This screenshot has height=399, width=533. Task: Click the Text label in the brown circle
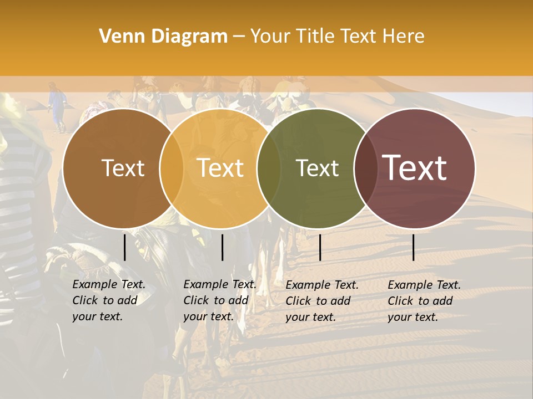[123, 168]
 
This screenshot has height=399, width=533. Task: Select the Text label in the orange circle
[220, 168]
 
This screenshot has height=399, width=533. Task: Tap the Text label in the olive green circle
[317, 168]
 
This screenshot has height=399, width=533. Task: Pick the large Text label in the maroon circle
[415, 168]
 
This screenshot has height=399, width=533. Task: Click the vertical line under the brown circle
[124, 247]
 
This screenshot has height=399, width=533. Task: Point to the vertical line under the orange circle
[222, 247]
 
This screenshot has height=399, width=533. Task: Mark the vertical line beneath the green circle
[320, 247]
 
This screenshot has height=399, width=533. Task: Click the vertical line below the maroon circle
[413, 247]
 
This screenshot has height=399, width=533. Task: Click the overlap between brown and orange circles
[172, 168]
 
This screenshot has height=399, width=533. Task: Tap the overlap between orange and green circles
[269, 168]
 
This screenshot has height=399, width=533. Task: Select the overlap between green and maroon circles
[365, 168]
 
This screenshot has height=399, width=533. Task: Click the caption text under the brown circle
[108, 300]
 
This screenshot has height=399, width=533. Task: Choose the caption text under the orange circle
[219, 300]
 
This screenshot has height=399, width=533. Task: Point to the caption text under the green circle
[321, 301]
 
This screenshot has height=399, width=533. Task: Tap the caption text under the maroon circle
[424, 301]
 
